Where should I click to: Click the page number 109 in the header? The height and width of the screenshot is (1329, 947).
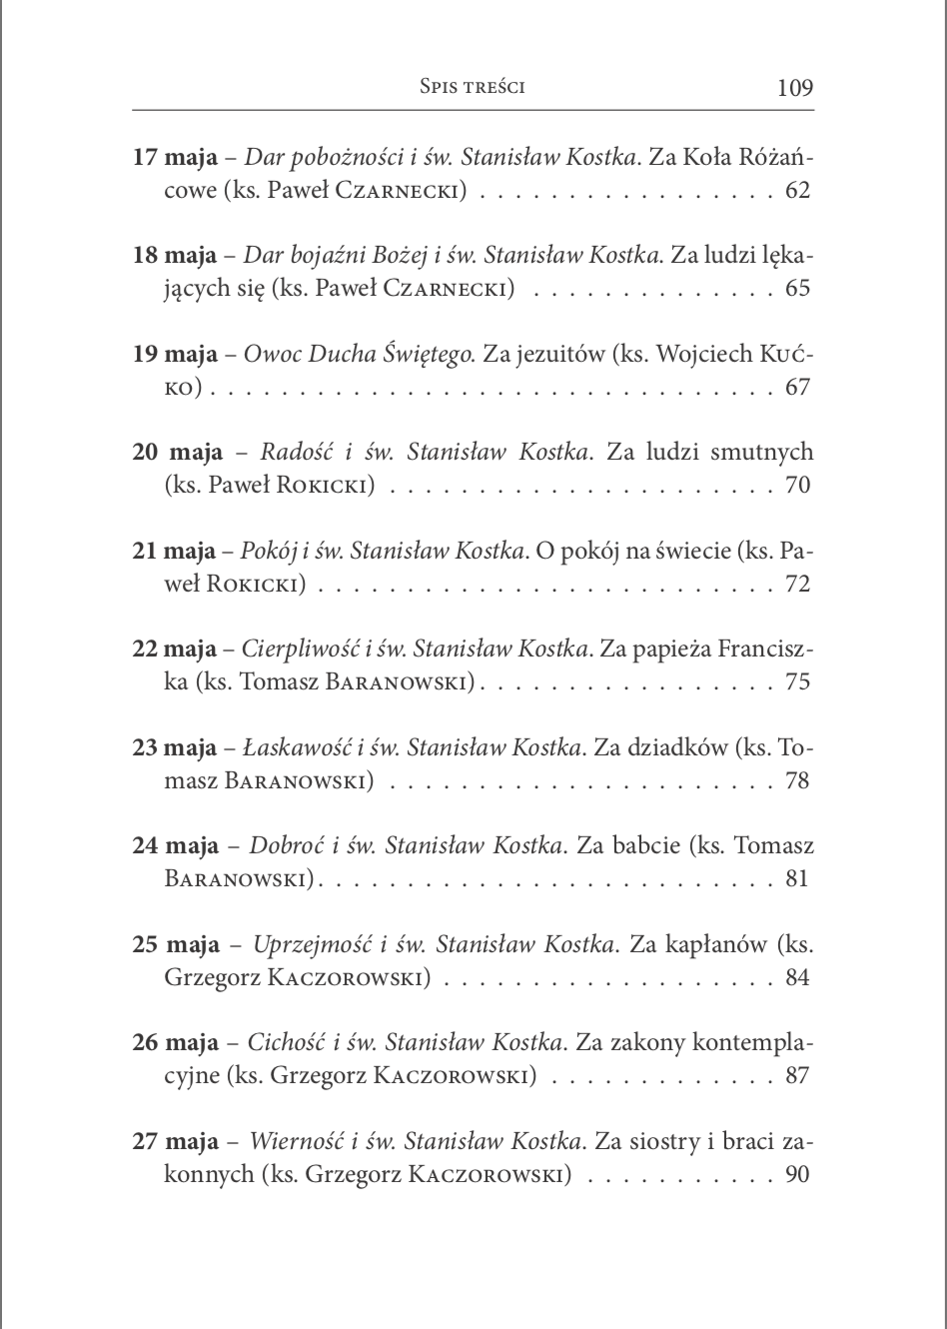click(x=795, y=88)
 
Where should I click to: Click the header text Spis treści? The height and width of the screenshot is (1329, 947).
click(x=473, y=87)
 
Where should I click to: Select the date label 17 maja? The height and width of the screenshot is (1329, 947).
click(x=175, y=158)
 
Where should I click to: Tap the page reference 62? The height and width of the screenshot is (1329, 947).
click(x=798, y=190)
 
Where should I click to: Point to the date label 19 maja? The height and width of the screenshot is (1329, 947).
click(x=175, y=355)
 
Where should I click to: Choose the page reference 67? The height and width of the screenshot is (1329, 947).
click(x=798, y=387)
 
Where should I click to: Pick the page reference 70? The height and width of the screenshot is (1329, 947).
click(x=798, y=486)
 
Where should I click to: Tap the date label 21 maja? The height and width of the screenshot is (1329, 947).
click(x=175, y=552)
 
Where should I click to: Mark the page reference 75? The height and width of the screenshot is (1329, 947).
click(x=798, y=682)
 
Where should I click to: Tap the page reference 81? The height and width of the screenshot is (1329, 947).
click(x=798, y=879)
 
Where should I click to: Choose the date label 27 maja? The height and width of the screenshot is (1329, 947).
click(x=176, y=1141)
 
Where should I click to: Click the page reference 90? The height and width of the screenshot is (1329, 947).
click(x=798, y=1174)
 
